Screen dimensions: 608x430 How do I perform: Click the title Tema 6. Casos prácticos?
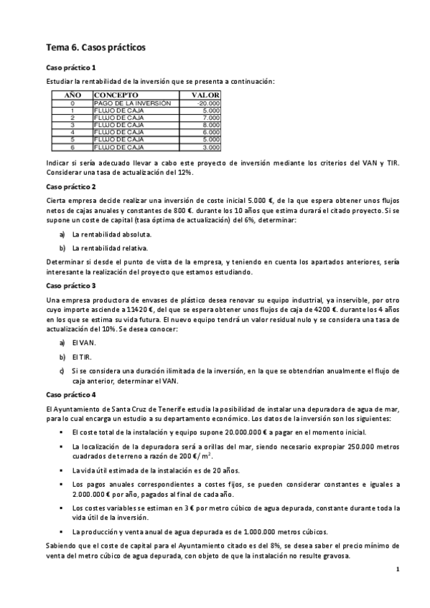tap(95, 48)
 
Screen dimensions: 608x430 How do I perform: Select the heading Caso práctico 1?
tap(71, 67)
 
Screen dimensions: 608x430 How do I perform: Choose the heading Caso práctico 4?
tap(71, 395)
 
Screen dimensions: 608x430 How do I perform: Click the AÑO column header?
tap(73, 95)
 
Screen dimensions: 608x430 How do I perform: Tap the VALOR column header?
tap(206, 95)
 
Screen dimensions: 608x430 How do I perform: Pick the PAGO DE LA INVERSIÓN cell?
tap(133, 103)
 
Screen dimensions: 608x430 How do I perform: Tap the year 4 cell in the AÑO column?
tap(73, 132)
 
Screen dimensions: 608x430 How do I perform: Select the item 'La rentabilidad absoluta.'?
tap(111, 234)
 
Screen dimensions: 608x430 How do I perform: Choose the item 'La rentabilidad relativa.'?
tap(110, 248)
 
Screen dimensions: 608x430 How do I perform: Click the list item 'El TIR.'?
tap(83, 357)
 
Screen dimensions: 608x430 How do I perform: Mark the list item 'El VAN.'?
tap(84, 343)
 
